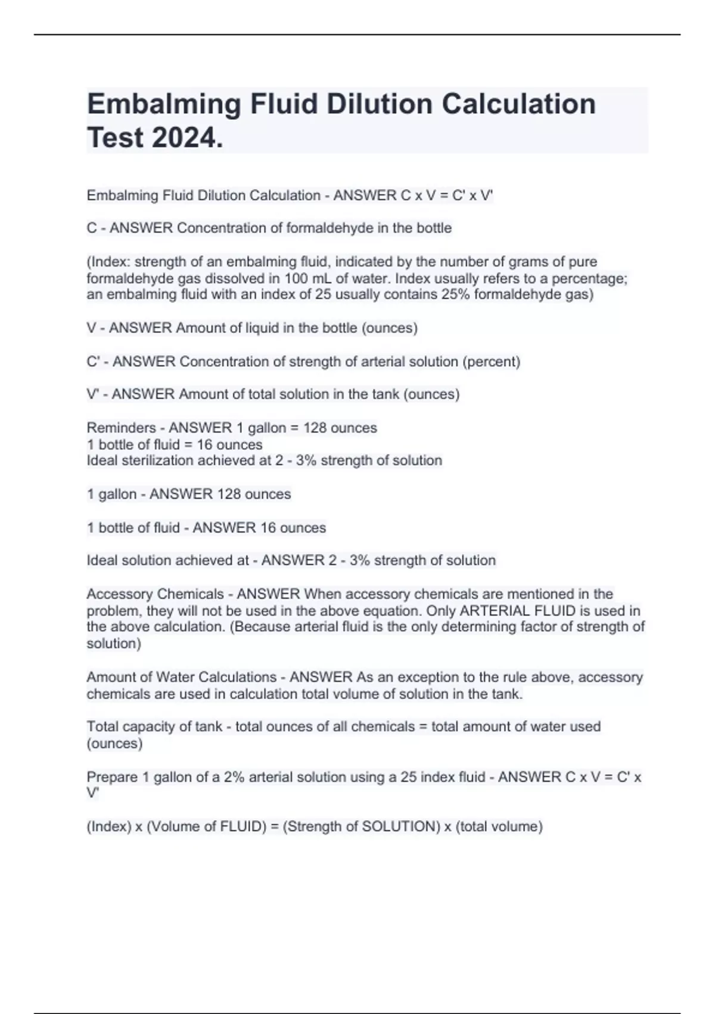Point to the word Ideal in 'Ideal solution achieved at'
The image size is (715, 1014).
(102, 561)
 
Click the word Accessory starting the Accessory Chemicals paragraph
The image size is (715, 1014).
(121, 594)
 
